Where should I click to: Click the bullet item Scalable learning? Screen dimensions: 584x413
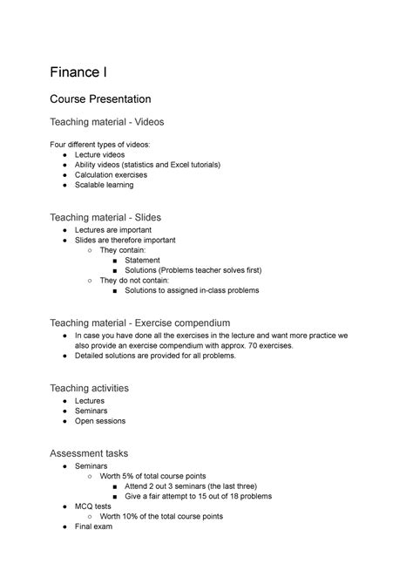point(105,185)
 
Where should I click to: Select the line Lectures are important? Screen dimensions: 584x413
point(116,229)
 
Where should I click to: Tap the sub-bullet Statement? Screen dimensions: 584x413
point(142,260)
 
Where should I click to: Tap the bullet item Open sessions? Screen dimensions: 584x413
point(100,421)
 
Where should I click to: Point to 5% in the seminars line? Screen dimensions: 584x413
point(131,476)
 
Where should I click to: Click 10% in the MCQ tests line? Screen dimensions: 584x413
point(132,516)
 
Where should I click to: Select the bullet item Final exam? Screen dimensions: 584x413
point(97,526)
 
